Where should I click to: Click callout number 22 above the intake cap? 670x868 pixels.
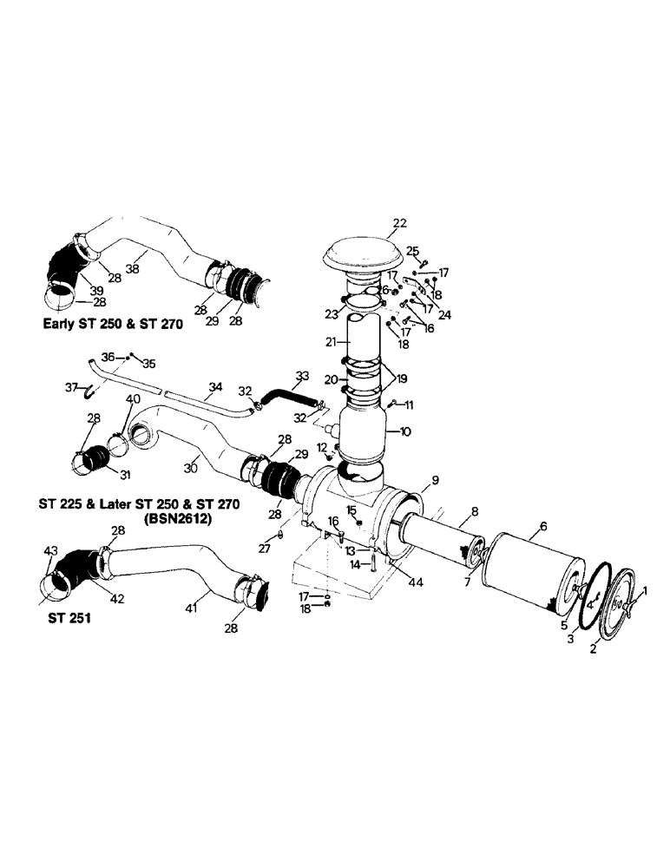[x=398, y=223]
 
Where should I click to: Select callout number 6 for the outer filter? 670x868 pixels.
[x=543, y=526]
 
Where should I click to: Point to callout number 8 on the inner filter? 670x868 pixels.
[x=474, y=512]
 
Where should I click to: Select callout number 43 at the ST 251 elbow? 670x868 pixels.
[x=50, y=551]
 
